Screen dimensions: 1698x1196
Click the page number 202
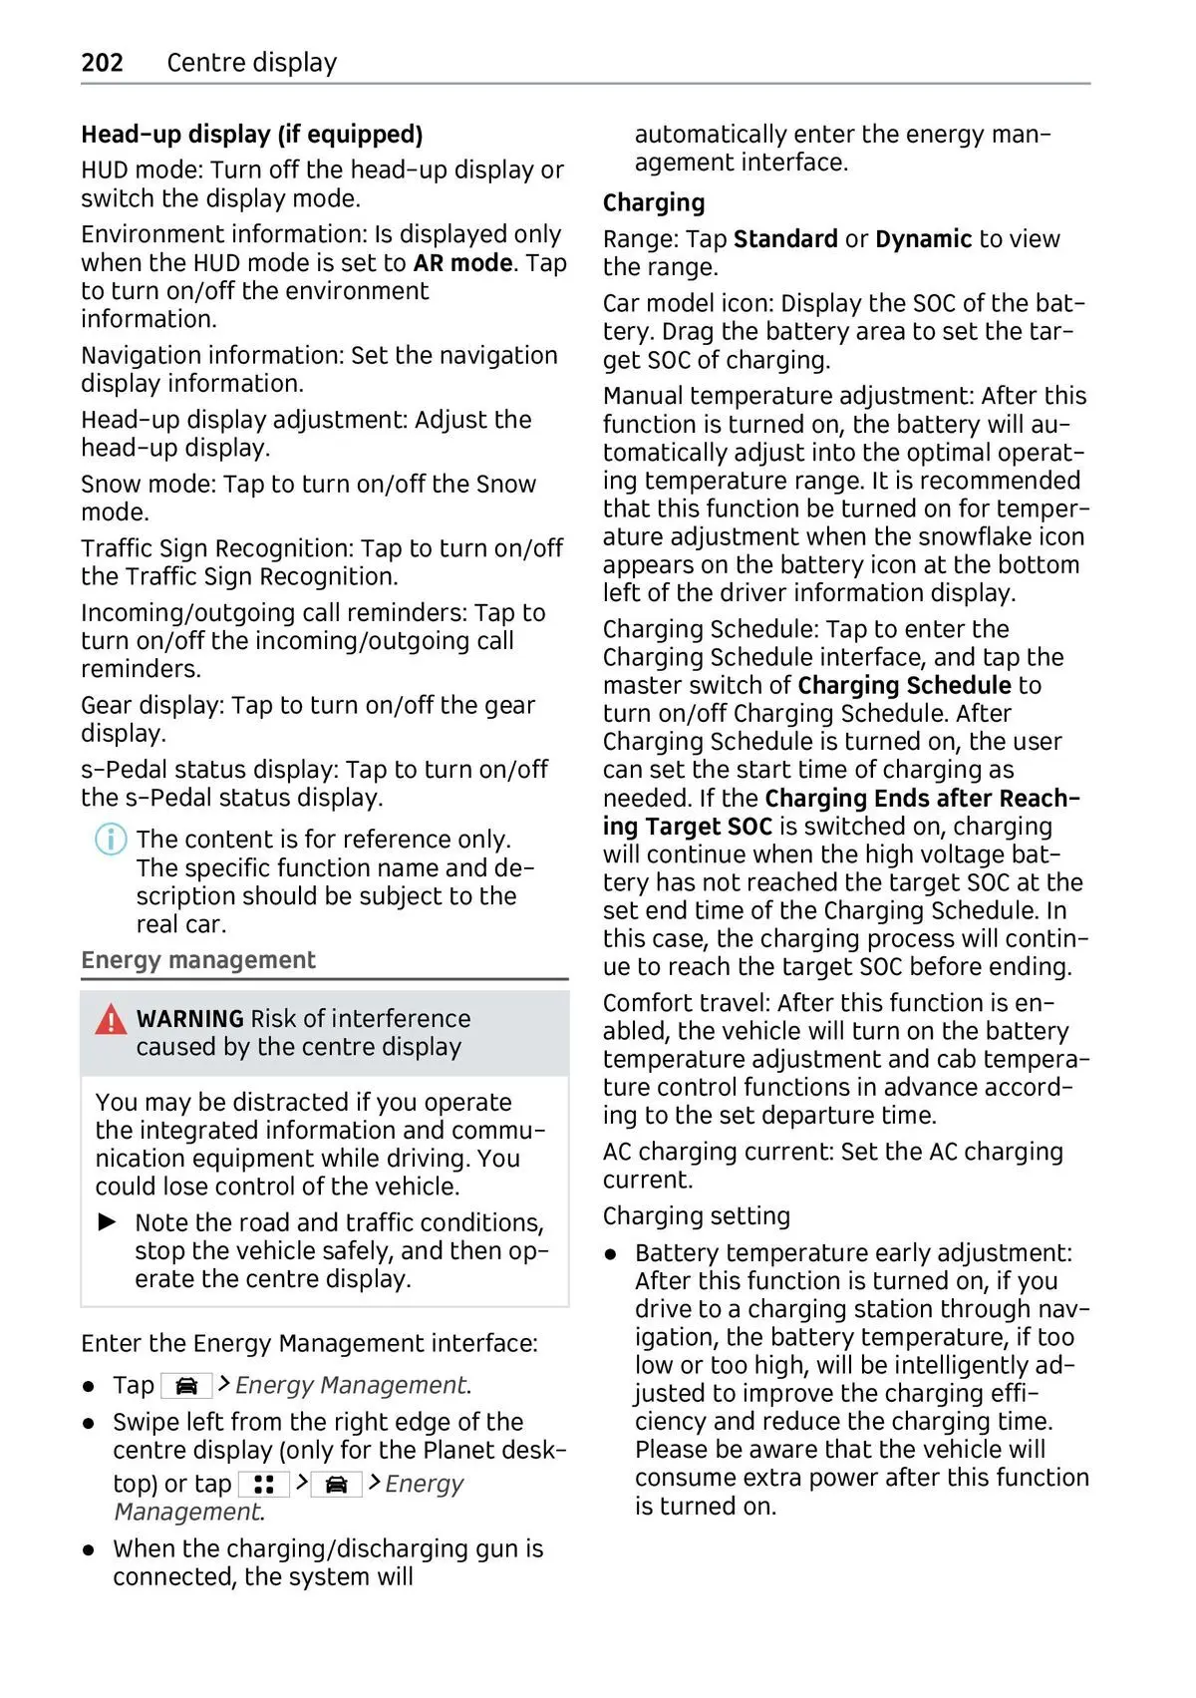click(x=102, y=63)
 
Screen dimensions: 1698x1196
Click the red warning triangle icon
click(x=111, y=1020)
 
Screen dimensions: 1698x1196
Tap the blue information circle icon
click(x=111, y=840)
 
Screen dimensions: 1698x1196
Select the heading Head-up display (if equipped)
click(x=252, y=135)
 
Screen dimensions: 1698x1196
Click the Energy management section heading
click(x=198, y=960)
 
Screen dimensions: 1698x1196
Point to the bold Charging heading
click(x=654, y=203)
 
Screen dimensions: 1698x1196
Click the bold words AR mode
click(x=463, y=263)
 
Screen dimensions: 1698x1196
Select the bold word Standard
click(x=785, y=239)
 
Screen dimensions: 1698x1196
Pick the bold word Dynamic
click(x=923, y=239)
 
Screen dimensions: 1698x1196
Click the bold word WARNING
click(x=189, y=1019)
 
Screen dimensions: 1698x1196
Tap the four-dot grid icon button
click(x=264, y=1485)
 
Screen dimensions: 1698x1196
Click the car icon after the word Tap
click(x=186, y=1386)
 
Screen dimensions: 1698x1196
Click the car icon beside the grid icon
click(x=336, y=1485)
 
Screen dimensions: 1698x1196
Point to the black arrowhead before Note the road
click(x=108, y=1222)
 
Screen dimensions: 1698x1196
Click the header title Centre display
click(x=252, y=63)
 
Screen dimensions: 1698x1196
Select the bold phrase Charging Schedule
click(x=904, y=686)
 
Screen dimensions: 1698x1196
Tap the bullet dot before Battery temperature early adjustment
click(x=612, y=1254)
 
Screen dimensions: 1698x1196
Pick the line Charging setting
click(x=697, y=1216)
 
